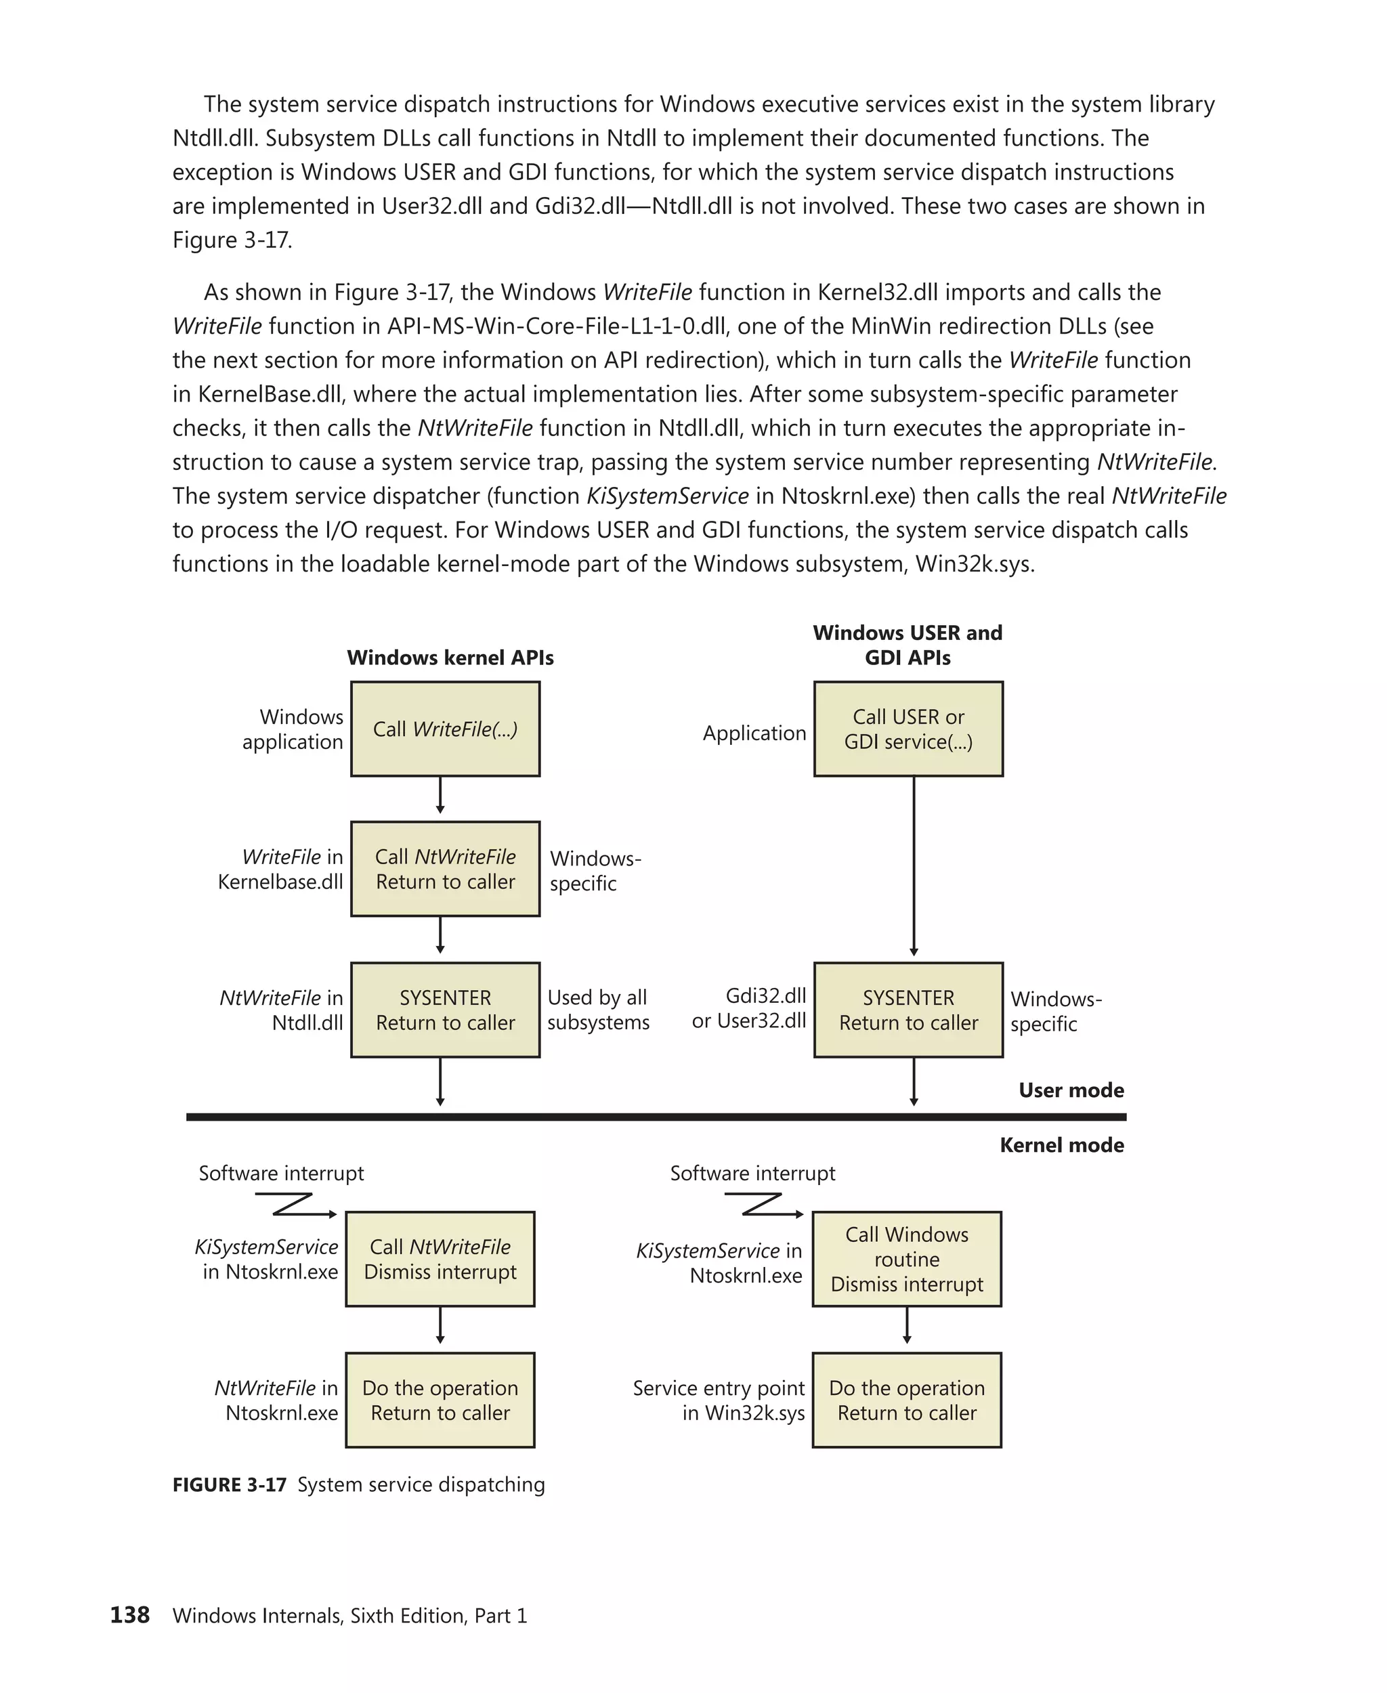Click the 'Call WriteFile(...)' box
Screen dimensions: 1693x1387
coord(445,729)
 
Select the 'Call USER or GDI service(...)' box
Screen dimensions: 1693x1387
coord(908,729)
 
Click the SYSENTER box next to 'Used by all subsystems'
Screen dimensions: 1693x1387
coord(445,1010)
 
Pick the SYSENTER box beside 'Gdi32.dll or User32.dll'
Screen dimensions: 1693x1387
coord(908,1010)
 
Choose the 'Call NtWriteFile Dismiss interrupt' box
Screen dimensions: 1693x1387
coord(440,1259)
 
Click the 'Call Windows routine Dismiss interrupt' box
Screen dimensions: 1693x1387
coord(907,1259)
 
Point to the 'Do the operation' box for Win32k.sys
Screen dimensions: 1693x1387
coord(907,1400)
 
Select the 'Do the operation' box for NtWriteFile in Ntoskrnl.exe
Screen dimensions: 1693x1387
coord(440,1400)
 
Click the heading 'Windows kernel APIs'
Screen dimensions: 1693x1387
coord(450,658)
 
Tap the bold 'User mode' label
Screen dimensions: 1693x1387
coord(1071,1090)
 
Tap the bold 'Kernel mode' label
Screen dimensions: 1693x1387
coord(1062,1145)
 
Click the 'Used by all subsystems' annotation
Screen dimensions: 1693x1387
coord(599,1010)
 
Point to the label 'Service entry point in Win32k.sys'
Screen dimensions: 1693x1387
coord(719,1400)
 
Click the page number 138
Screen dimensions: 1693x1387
coord(129,1614)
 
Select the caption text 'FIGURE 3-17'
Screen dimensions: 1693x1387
coord(230,1484)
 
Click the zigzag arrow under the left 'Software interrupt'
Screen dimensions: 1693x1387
coord(295,1205)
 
